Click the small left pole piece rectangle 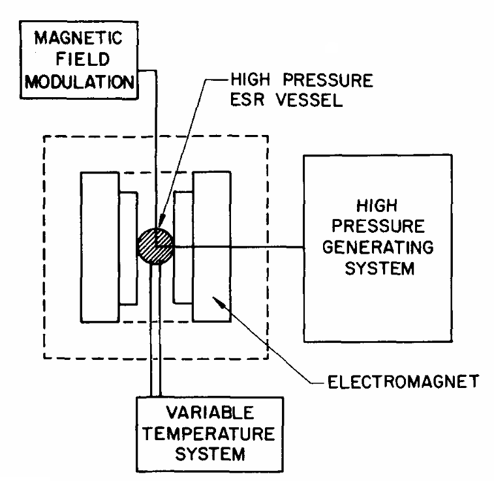[x=129, y=248]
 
